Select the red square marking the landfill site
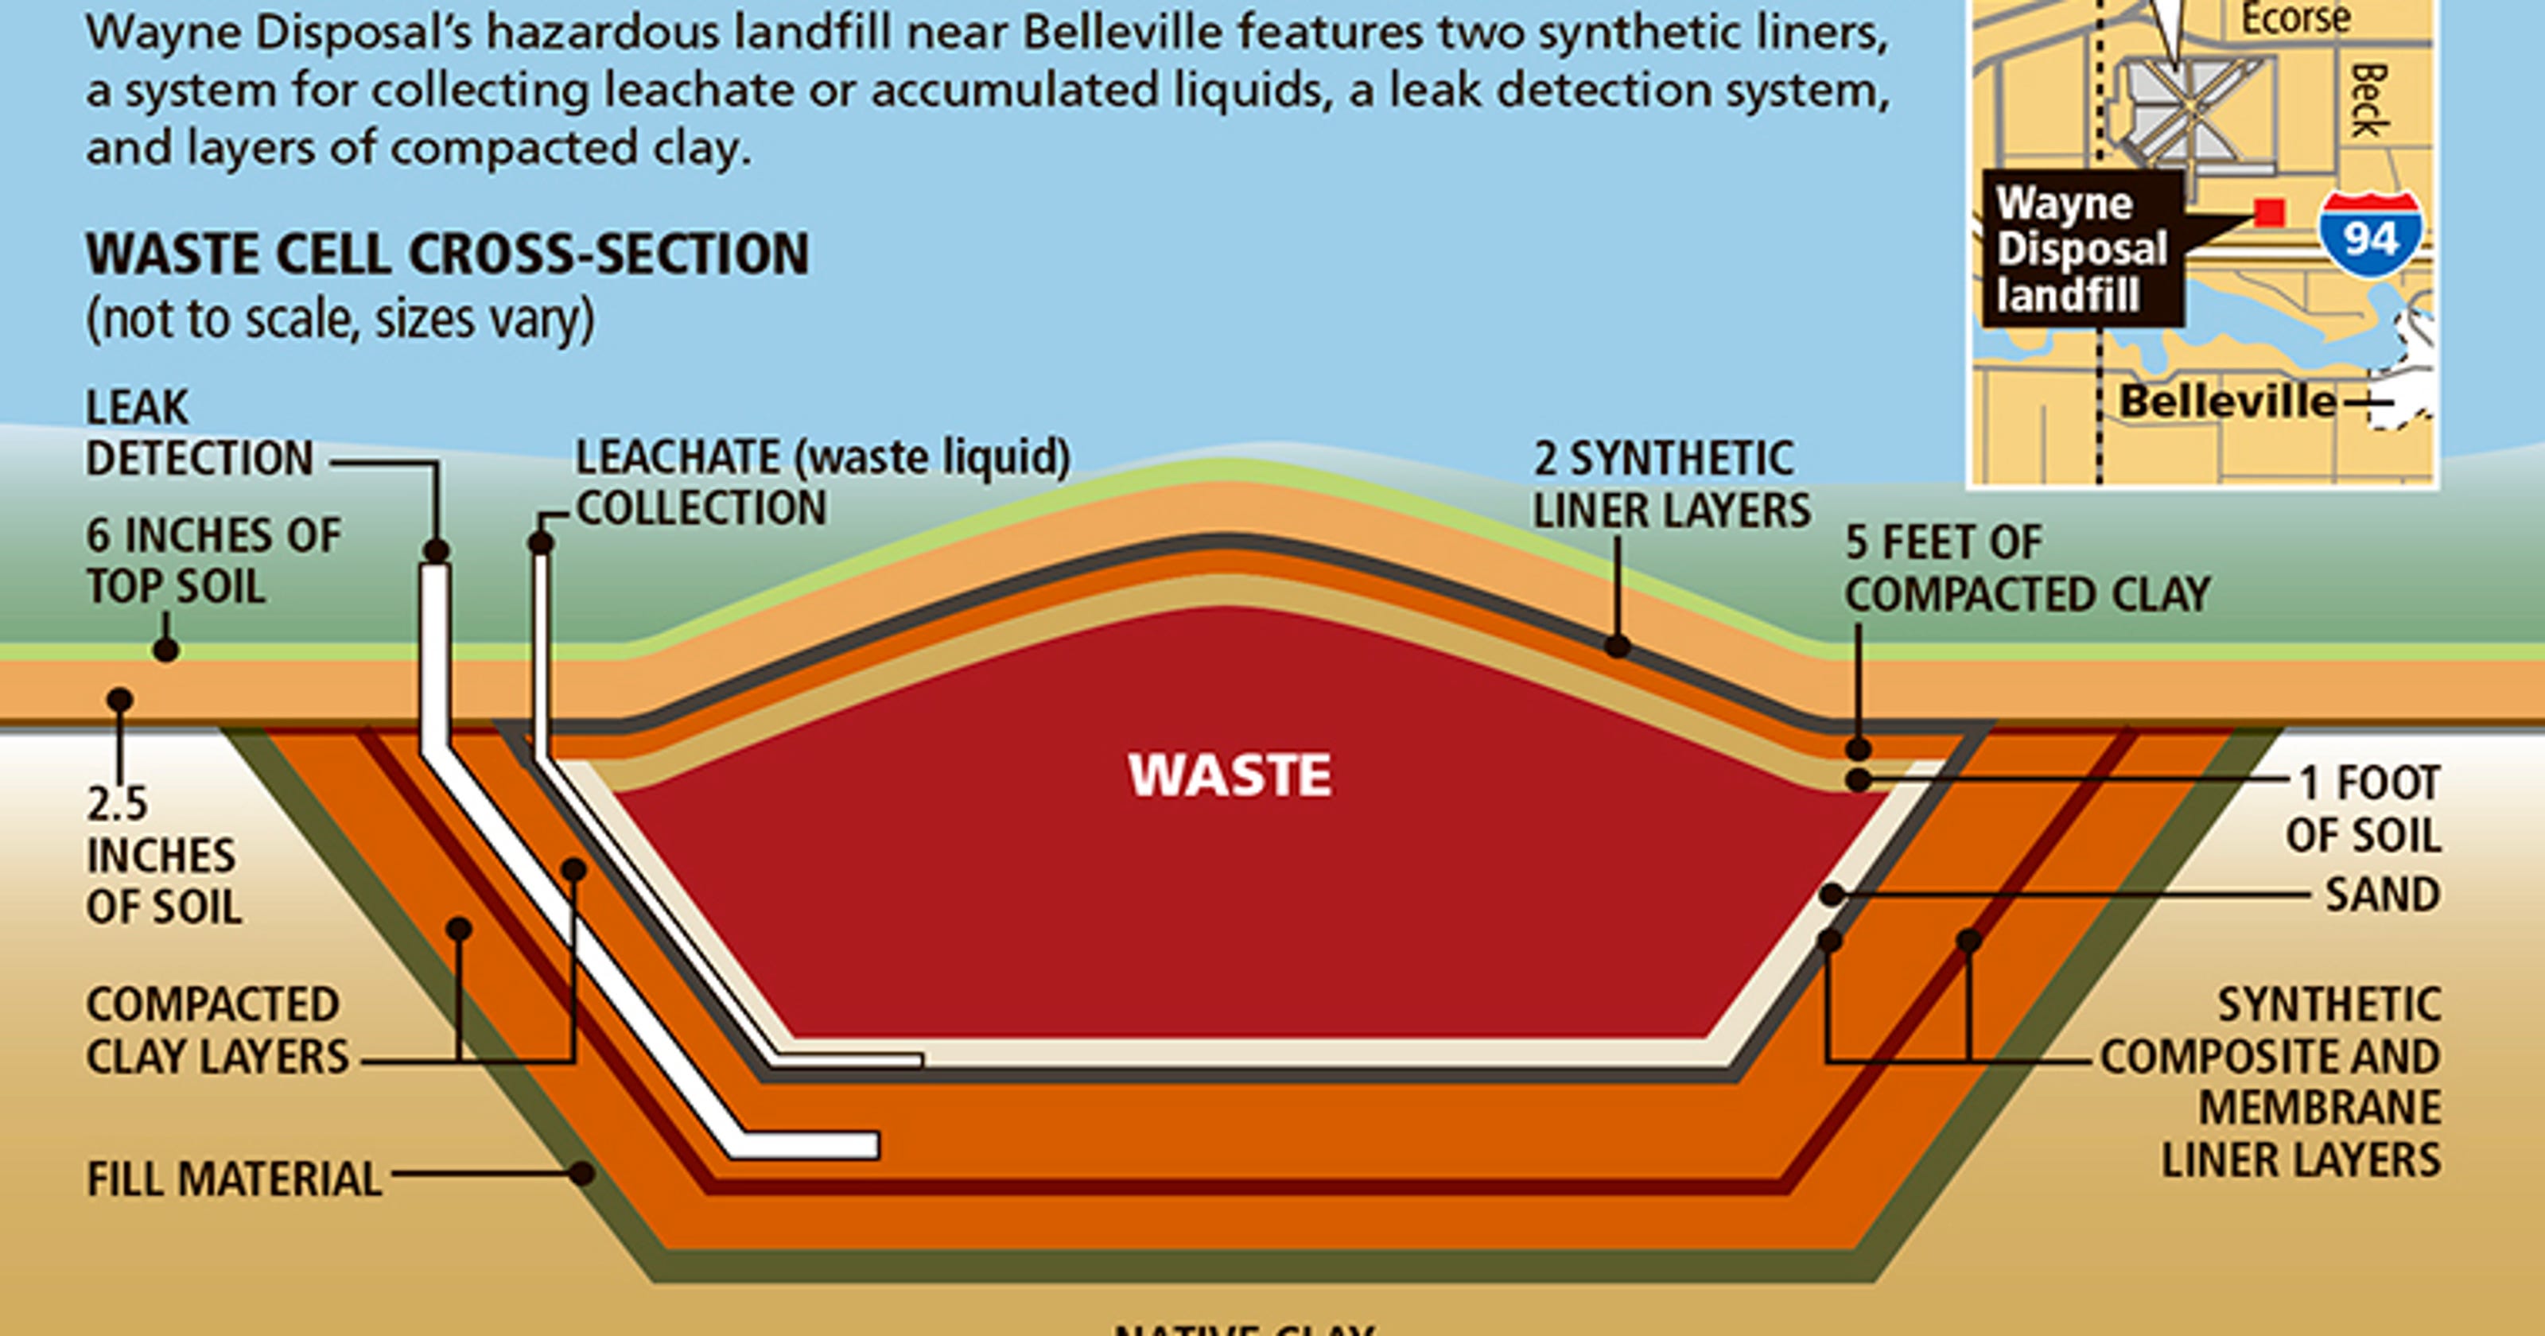coord(2269,212)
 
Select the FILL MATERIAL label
coord(234,1179)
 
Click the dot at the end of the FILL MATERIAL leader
coord(582,1174)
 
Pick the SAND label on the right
coord(2382,895)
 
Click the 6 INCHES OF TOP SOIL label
coord(212,561)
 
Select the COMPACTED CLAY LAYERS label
coord(217,1031)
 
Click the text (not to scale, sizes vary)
coord(341,319)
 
